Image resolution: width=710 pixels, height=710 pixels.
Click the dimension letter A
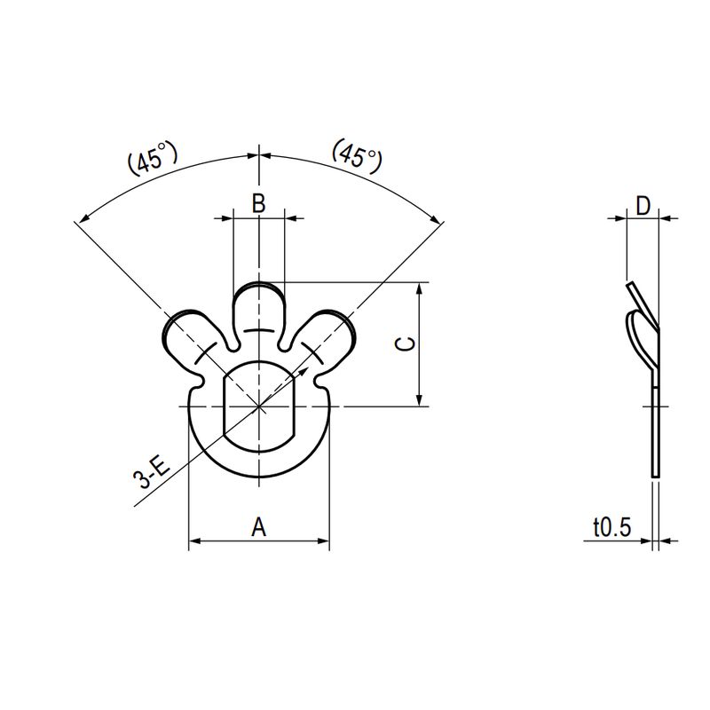click(258, 527)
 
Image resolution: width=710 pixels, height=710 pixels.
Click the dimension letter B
click(258, 203)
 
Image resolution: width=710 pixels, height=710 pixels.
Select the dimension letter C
click(405, 344)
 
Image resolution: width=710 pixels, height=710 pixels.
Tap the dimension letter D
click(643, 206)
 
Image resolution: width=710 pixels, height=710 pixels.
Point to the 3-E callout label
click(151, 472)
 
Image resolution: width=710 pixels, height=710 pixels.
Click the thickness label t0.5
click(612, 527)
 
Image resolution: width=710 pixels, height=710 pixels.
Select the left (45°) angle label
click(153, 160)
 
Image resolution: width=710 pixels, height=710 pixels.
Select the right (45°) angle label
click(358, 155)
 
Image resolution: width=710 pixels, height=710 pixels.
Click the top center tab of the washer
click(259, 312)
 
